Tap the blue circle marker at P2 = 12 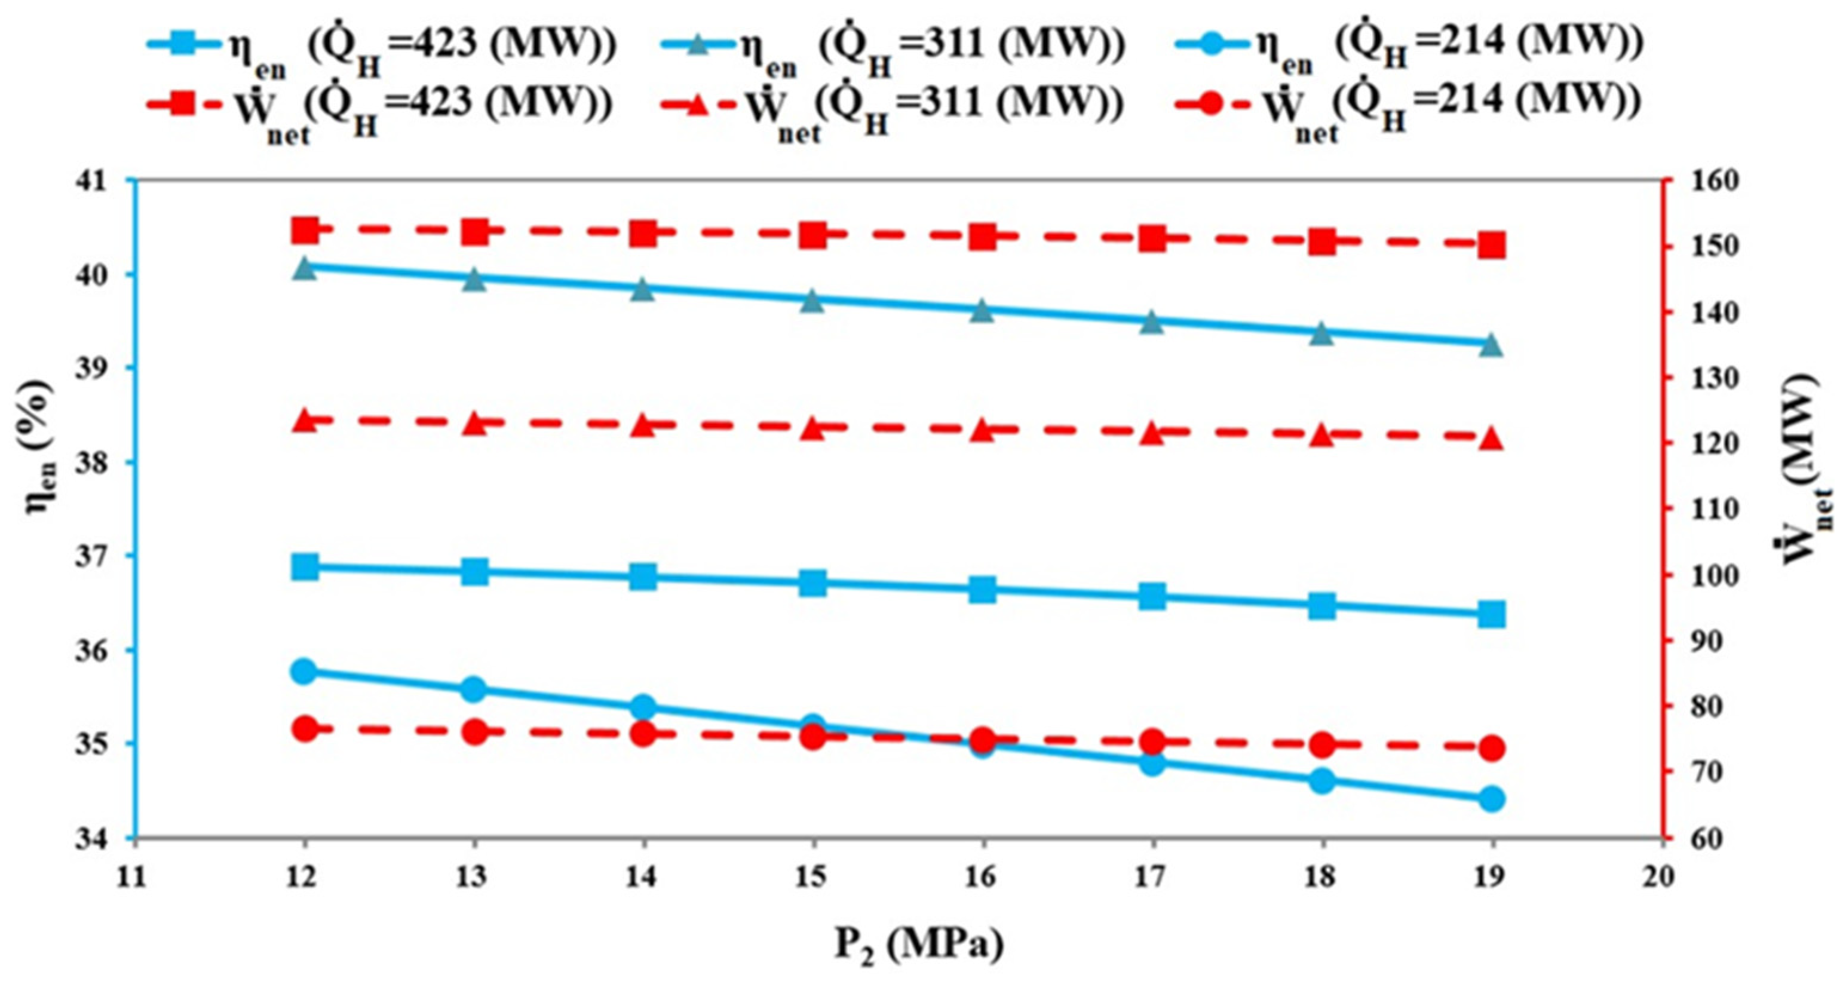[x=305, y=671]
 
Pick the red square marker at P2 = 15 [x=814, y=234]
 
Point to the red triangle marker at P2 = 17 [x=1152, y=434]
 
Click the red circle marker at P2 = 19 [x=1492, y=749]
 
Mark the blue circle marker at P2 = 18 [x=1322, y=780]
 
